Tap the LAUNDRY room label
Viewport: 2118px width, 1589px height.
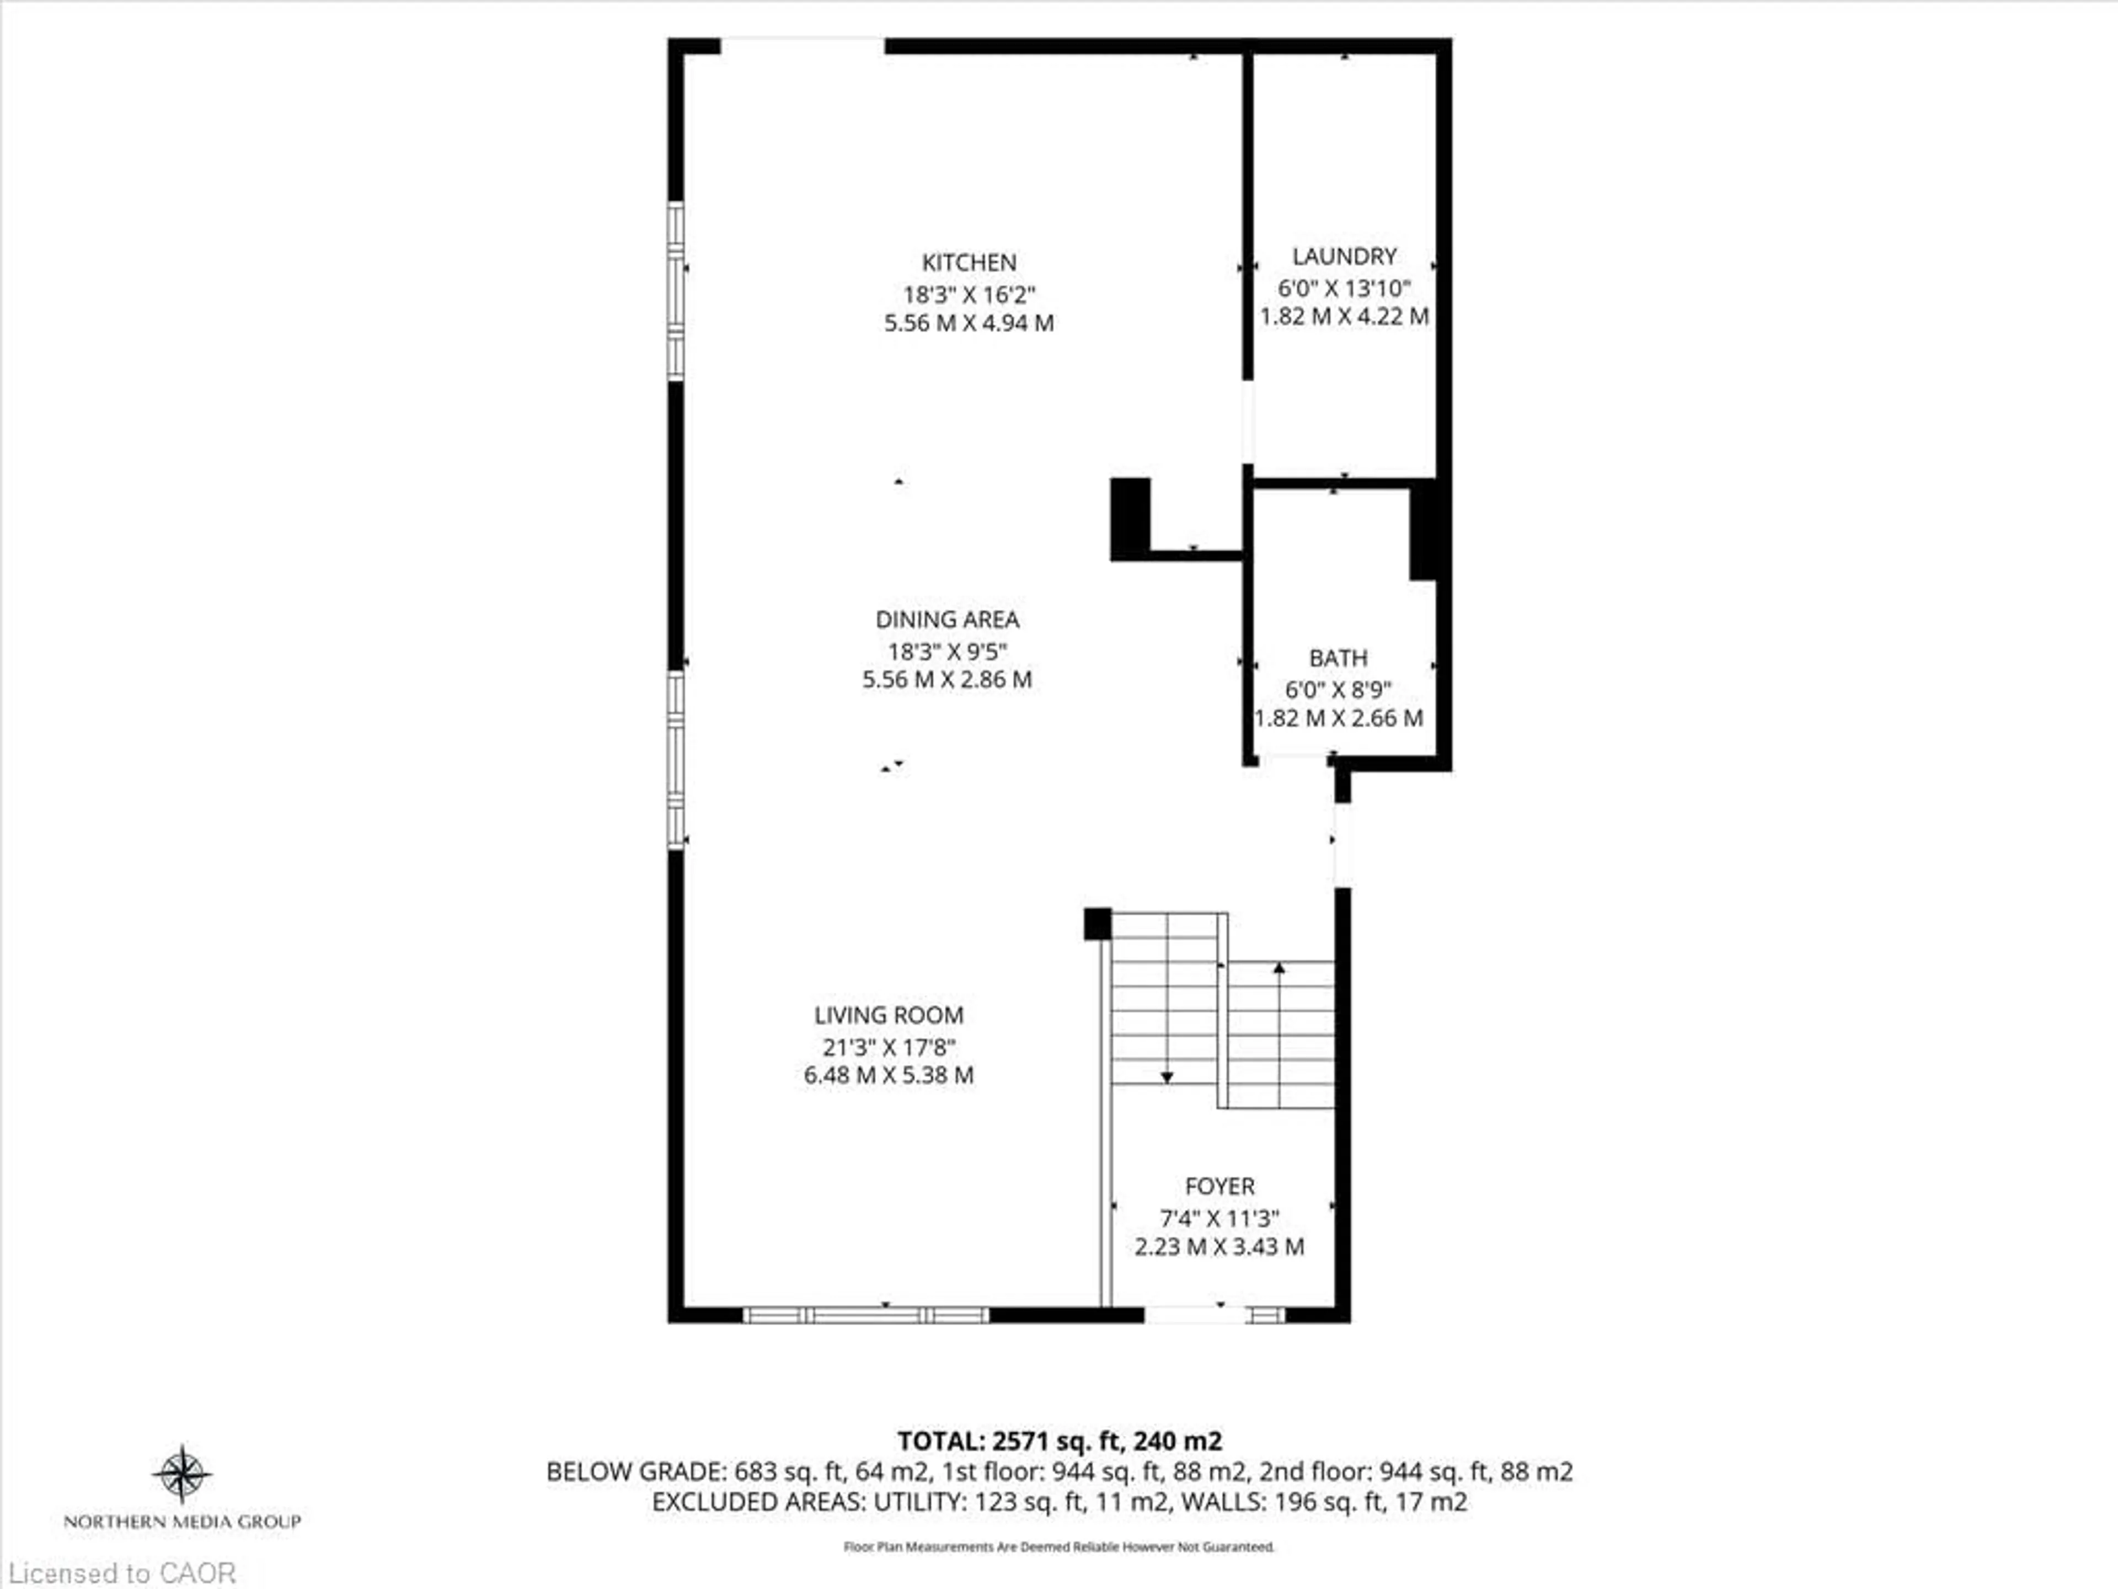click(x=1344, y=256)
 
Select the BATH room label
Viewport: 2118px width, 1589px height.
click(x=1338, y=658)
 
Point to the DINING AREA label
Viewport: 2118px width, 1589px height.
click(x=947, y=620)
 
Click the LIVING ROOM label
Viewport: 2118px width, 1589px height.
click(x=889, y=1015)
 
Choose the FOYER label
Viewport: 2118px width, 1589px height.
click(x=1219, y=1186)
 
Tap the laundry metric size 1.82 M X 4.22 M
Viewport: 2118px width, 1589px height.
click(x=1344, y=316)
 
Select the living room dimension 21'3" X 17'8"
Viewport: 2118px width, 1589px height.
click(x=889, y=1047)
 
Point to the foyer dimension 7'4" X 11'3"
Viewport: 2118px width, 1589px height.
click(x=1219, y=1218)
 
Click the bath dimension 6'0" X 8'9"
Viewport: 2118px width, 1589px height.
click(x=1338, y=689)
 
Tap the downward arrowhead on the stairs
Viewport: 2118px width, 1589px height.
click(x=1166, y=1078)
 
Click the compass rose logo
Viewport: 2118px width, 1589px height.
click(x=182, y=1473)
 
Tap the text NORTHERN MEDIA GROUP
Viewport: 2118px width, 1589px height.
click(x=182, y=1521)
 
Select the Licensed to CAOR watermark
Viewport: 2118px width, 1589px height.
click(x=121, y=1572)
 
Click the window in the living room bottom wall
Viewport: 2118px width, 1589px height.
click(x=865, y=1315)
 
